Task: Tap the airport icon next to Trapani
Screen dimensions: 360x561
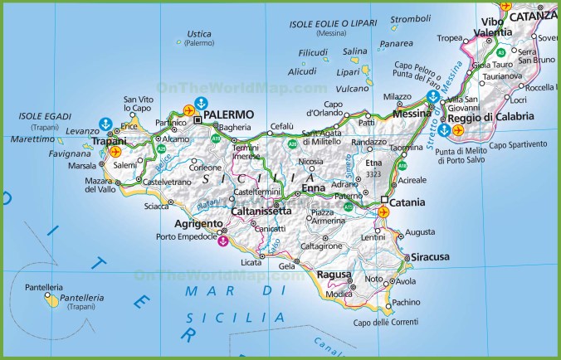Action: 115,152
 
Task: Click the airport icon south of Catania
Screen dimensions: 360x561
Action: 383,213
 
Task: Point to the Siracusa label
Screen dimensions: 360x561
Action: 430,257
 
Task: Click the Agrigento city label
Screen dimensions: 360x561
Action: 198,224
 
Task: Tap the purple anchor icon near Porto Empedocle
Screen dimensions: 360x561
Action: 222,242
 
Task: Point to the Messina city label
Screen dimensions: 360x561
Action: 412,114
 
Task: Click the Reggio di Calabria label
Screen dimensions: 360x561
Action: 496,117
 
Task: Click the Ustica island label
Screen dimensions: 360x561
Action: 199,34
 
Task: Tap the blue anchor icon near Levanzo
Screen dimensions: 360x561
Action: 105,124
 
